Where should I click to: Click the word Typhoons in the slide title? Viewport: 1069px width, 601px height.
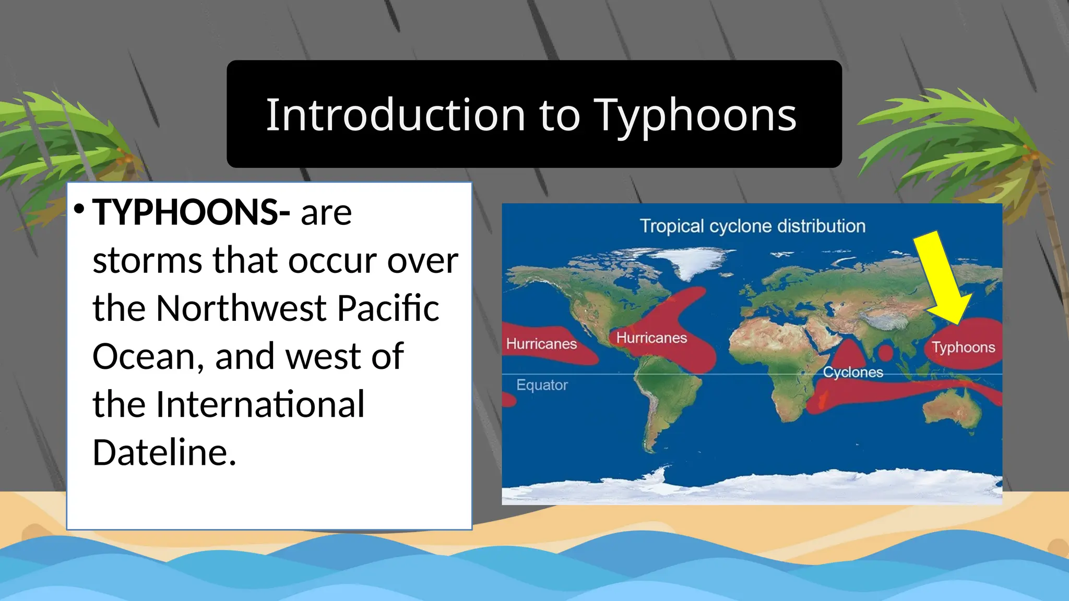point(695,116)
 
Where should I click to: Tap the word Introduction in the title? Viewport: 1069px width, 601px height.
point(396,115)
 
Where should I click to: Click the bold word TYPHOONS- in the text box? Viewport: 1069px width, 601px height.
point(191,212)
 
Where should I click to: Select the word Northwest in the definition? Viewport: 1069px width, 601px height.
point(241,308)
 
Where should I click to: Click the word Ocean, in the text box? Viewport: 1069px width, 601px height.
point(148,356)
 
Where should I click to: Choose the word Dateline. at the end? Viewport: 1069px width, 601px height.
point(164,452)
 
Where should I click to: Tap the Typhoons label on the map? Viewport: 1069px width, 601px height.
point(963,347)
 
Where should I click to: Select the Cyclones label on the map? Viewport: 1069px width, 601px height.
point(853,372)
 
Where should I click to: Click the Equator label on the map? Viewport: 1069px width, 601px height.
point(542,385)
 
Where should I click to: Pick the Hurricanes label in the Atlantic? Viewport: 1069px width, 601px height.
point(651,338)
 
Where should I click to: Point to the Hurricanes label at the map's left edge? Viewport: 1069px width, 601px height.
point(541,344)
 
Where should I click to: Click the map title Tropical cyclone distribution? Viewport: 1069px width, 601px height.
point(752,226)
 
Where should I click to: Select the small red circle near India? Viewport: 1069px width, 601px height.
point(886,353)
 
